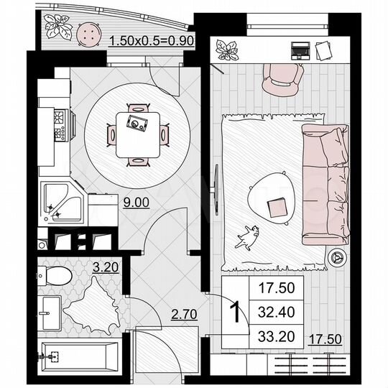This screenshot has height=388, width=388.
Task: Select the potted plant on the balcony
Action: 56,28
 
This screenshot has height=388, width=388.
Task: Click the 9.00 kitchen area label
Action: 135,203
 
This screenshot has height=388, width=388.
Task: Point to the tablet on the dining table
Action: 135,122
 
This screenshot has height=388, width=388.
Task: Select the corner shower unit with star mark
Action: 62,203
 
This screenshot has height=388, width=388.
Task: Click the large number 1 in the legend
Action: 233,313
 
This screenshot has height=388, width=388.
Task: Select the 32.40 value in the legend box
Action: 276,313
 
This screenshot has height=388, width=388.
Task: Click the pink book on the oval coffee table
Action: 277,208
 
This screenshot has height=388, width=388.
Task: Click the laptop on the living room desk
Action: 300,50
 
